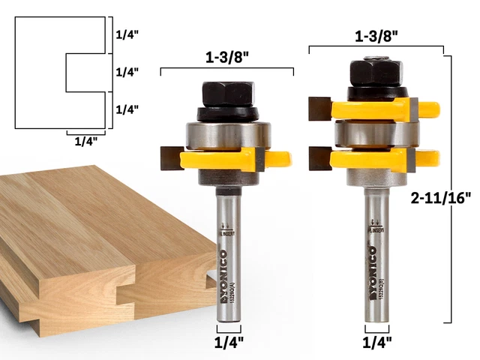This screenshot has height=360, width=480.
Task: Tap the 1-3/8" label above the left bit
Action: pyautogui.click(x=227, y=56)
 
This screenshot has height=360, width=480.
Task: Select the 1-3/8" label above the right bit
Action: pyautogui.click(x=376, y=34)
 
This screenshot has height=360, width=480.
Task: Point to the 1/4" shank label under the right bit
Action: pyautogui.click(x=376, y=345)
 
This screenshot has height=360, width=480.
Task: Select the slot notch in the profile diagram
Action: pyautogui.click(x=82, y=72)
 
